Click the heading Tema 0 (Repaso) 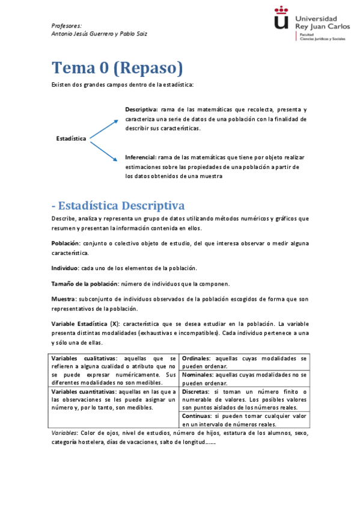117,67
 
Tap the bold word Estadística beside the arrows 71,138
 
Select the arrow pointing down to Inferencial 103,150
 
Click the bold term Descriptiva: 141,109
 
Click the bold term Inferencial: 141,157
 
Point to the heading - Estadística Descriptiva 118,206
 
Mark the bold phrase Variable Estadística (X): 85,324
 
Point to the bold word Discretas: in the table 196,391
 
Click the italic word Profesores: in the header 66,25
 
